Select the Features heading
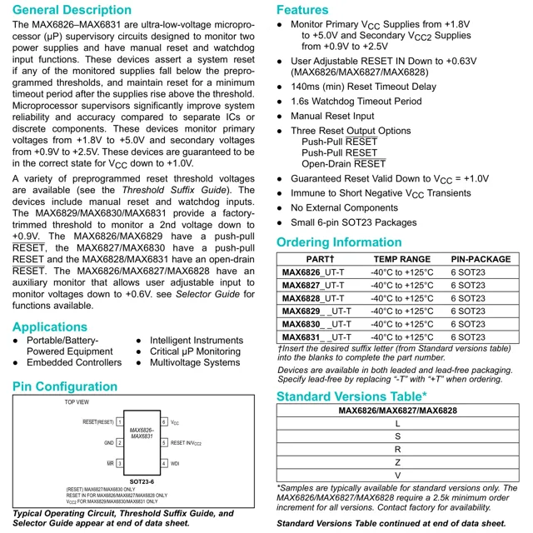[x=301, y=10]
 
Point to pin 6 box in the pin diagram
[x=164, y=422]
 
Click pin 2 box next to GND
[x=120, y=443]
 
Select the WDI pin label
[x=176, y=463]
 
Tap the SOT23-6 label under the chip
[x=142, y=481]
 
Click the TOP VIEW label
[x=77, y=402]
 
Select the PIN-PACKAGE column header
[x=480, y=259]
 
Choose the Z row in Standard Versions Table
[x=397, y=462]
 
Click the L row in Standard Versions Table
[x=397, y=423]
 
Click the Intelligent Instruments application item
[x=197, y=341]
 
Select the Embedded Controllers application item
[x=73, y=363]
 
